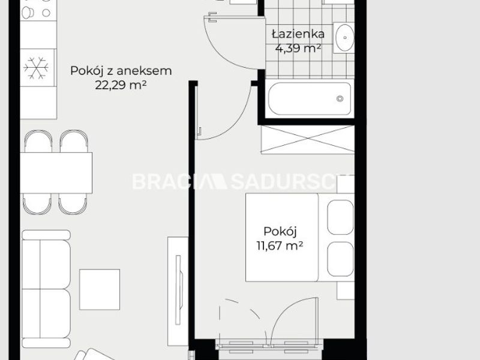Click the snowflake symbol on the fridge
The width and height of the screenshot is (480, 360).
[36, 68]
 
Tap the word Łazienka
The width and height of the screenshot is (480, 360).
[298, 34]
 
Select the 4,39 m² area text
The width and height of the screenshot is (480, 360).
[298, 48]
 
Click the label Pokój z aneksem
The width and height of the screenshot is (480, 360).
[121, 71]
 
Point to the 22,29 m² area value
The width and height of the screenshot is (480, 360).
[121, 85]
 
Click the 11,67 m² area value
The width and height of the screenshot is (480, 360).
[280, 245]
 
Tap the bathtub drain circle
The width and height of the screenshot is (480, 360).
[340, 98]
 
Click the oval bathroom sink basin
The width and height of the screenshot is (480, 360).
[344, 38]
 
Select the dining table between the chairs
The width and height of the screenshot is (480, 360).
[56, 173]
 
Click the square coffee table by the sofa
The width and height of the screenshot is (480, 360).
[100, 289]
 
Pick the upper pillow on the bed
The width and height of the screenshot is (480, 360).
[340, 217]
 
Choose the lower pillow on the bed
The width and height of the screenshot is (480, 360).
[340, 259]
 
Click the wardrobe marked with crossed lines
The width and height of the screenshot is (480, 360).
[308, 139]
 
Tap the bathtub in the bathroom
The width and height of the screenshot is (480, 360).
[310, 98]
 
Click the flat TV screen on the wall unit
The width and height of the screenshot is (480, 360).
[178, 290]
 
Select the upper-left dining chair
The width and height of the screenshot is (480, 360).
[38, 141]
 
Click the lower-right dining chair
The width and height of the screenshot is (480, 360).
[73, 204]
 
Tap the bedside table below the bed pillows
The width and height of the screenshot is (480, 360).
[346, 290]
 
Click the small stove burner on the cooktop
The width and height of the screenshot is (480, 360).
[46, 13]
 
